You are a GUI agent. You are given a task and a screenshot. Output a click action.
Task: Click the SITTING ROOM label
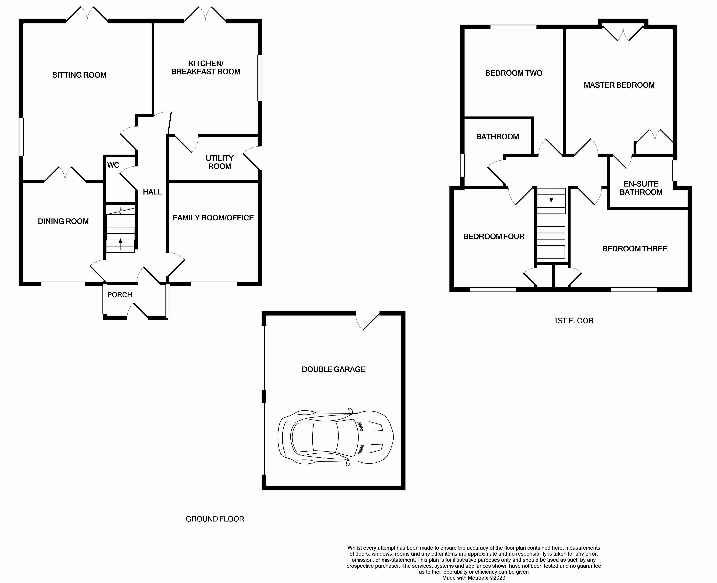79,75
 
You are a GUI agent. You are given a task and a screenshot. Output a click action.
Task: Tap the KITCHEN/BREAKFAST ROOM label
206,67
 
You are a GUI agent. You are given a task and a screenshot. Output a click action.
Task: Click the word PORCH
119,294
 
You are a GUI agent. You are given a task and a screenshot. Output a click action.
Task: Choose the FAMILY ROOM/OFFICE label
213,218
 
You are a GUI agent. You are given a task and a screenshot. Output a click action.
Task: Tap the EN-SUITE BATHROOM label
641,188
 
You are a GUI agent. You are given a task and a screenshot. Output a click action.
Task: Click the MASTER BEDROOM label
619,85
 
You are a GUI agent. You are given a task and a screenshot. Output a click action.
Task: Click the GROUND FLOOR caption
215,519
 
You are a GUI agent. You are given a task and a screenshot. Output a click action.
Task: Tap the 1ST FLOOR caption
573,321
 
